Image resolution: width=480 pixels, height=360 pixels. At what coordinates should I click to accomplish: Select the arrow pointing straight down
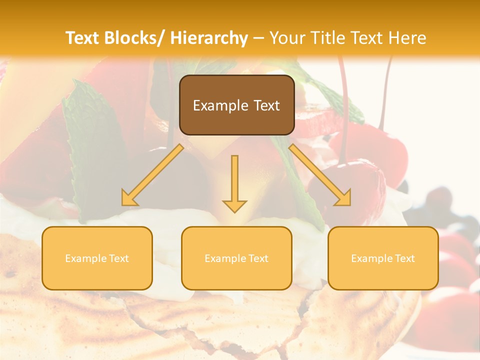234,182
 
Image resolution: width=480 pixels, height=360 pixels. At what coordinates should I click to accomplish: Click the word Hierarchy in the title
208,38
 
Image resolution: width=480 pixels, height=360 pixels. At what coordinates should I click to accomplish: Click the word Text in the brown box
267,105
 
